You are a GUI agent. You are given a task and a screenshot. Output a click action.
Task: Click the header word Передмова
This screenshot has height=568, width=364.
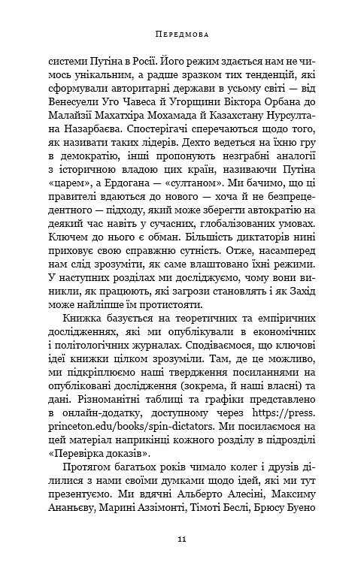click(x=181, y=35)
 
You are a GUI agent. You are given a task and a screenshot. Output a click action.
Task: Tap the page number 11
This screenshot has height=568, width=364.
click(x=181, y=539)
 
